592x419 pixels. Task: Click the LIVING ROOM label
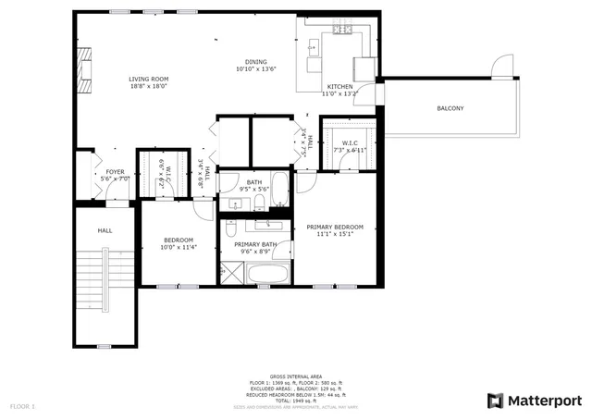pos(148,80)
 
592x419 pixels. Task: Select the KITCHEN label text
pos(339,86)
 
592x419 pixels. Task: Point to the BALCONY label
pos(450,109)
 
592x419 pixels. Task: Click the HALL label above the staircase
pos(105,229)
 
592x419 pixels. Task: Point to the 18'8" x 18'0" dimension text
pos(148,87)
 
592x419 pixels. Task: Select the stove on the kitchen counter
pos(342,29)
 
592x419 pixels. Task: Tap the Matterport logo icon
pos(495,400)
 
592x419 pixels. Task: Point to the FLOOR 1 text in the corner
pos(22,406)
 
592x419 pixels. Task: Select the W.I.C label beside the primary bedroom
pos(350,142)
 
